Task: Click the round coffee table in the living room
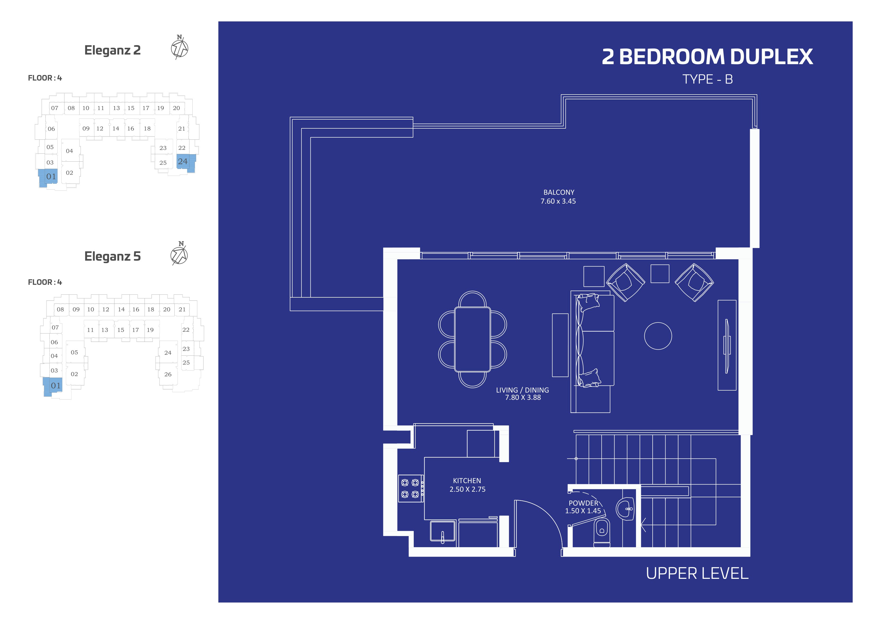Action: click(x=658, y=336)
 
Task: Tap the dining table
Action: click(x=472, y=339)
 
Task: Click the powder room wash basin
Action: click(x=625, y=509)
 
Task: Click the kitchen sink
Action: click(x=442, y=532)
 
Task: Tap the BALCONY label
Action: click(x=559, y=192)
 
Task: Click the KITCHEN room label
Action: click(x=467, y=481)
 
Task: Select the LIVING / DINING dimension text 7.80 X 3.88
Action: click(x=523, y=398)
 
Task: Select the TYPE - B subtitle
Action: click(x=707, y=79)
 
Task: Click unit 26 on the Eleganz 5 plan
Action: click(x=168, y=374)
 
